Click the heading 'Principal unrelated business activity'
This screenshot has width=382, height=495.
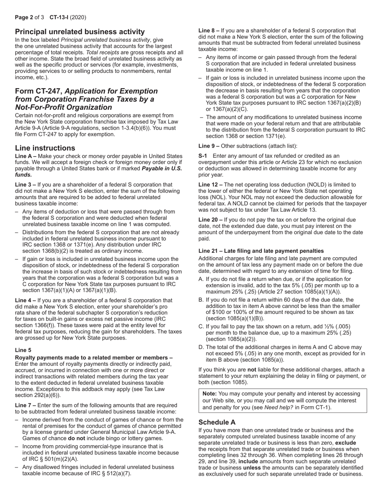(x=80, y=32)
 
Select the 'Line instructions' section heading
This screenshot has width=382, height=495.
(x=45, y=148)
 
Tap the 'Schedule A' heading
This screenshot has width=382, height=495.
(x=217, y=422)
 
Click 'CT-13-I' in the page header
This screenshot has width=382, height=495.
(x=58, y=17)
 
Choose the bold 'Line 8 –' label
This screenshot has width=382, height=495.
(x=209, y=31)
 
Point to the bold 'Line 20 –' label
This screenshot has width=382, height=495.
(x=211, y=220)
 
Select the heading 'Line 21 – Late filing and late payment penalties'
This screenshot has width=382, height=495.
(x=261, y=251)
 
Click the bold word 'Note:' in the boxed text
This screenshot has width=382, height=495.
(x=209, y=394)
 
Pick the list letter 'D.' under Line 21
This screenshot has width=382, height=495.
(x=201, y=347)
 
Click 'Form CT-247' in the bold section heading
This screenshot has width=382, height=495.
(x=38, y=91)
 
